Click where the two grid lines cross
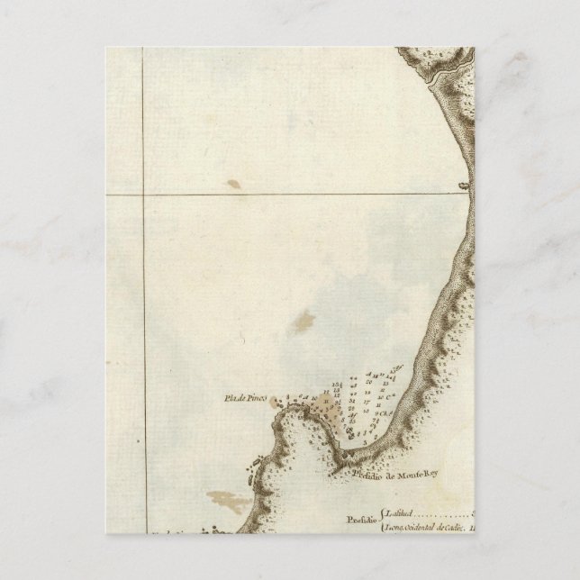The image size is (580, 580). pyautogui.click(x=144, y=194)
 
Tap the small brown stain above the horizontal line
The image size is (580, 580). pyautogui.click(x=233, y=185)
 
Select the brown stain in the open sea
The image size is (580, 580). pyautogui.click(x=303, y=321)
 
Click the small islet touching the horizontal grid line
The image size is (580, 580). pyautogui.click(x=464, y=186)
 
